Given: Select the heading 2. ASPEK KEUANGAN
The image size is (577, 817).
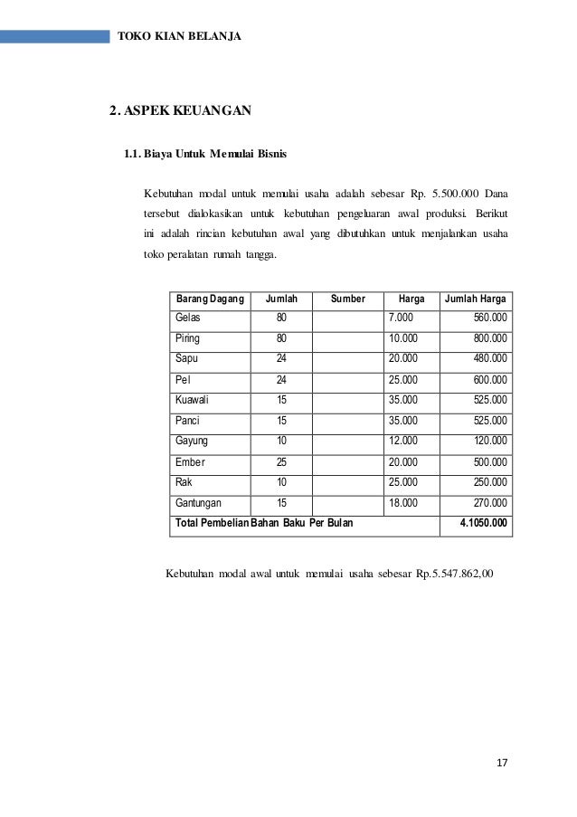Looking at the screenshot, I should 180,112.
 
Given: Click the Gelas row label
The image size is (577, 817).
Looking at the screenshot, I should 187,318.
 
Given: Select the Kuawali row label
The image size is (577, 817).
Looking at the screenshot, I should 192,400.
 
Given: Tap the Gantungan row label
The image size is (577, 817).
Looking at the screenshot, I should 198,503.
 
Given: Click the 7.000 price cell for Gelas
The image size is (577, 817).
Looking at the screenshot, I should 402,318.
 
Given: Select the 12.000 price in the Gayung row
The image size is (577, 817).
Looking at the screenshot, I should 403,441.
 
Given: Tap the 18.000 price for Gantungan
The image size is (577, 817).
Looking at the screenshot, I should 403,503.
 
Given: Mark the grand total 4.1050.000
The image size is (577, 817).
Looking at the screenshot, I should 484,523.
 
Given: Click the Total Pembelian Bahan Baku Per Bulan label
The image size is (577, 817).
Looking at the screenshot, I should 264,523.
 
